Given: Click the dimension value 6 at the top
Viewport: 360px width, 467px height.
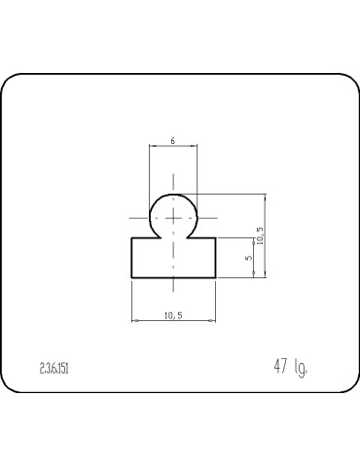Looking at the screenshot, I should point(173,141).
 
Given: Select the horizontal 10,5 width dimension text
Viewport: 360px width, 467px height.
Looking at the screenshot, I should point(173,314).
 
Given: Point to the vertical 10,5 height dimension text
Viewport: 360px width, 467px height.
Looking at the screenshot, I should point(259,235).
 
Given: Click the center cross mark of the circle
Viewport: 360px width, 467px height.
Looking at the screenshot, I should point(174,217).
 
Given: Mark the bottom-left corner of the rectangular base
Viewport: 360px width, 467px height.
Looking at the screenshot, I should point(131,278).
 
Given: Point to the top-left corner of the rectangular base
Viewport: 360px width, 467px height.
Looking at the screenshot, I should point(131,238).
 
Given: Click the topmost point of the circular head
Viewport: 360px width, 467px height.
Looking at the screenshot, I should point(174,194).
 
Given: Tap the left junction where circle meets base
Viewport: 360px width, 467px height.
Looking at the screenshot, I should point(156,238).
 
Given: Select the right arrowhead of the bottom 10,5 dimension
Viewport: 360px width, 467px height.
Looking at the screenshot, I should point(213,320).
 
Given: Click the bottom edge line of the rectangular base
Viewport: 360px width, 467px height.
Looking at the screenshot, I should point(173,278).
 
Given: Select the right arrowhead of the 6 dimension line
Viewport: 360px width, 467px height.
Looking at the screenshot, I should point(196,147).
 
